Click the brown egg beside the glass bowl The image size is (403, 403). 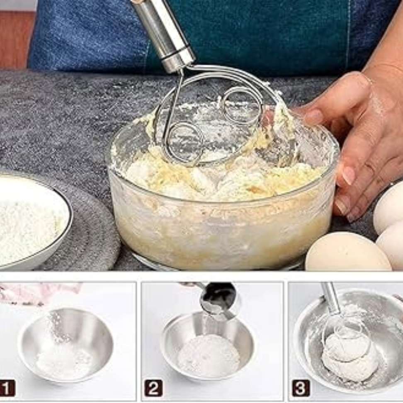pyautogui.click(x=347, y=252)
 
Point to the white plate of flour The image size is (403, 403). pyautogui.click(x=31, y=221)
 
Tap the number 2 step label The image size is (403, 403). pyautogui.click(x=153, y=388)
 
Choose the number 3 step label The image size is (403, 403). pyautogui.click(x=301, y=388)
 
